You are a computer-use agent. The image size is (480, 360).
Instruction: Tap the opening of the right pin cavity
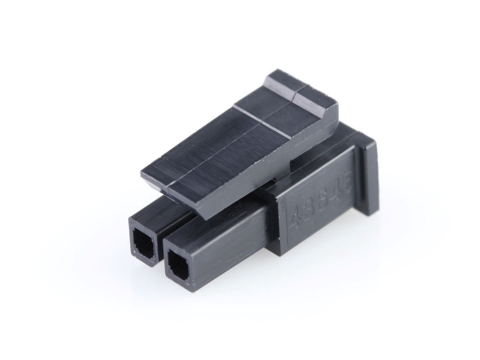179,263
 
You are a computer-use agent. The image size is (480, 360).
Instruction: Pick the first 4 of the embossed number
295,217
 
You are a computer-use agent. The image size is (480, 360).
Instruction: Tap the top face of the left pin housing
157,213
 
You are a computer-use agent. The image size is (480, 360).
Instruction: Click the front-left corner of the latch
142,174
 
